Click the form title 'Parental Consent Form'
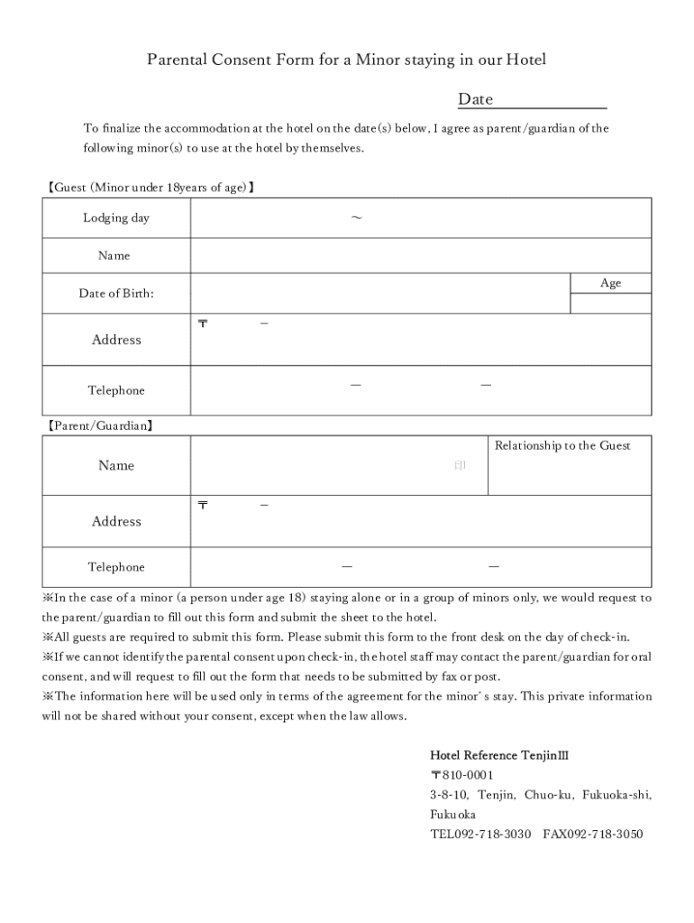click(x=347, y=59)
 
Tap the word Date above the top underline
click(x=475, y=99)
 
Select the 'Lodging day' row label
click(x=116, y=218)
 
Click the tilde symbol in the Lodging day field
click(x=356, y=218)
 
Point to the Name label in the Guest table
click(x=114, y=256)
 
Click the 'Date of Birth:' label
click(x=116, y=293)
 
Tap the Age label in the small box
click(x=610, y=283)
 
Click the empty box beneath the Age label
click(x=610, y=304)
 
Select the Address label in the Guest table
click(x=116, y=340)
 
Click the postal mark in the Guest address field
click(x=202, y=324)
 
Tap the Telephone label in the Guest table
click(x=116, y=390)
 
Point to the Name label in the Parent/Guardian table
click(x=116, y=465)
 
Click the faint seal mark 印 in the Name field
click(x=460, y=466)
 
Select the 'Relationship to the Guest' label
click(x=562, y=446)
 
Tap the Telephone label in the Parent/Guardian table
click(x=116, y=567)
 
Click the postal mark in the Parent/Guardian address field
click(x=202, y=506)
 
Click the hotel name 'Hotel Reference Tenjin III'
click(x=498, y=755)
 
